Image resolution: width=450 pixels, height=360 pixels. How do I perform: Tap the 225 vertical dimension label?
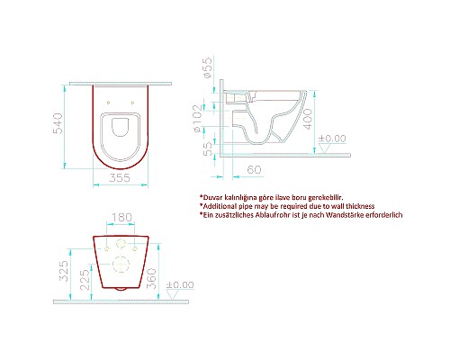[84, 274]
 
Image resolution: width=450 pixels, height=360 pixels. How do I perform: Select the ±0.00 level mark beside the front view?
[180, 285]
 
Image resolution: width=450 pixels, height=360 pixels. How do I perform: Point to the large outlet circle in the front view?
[121, 262]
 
